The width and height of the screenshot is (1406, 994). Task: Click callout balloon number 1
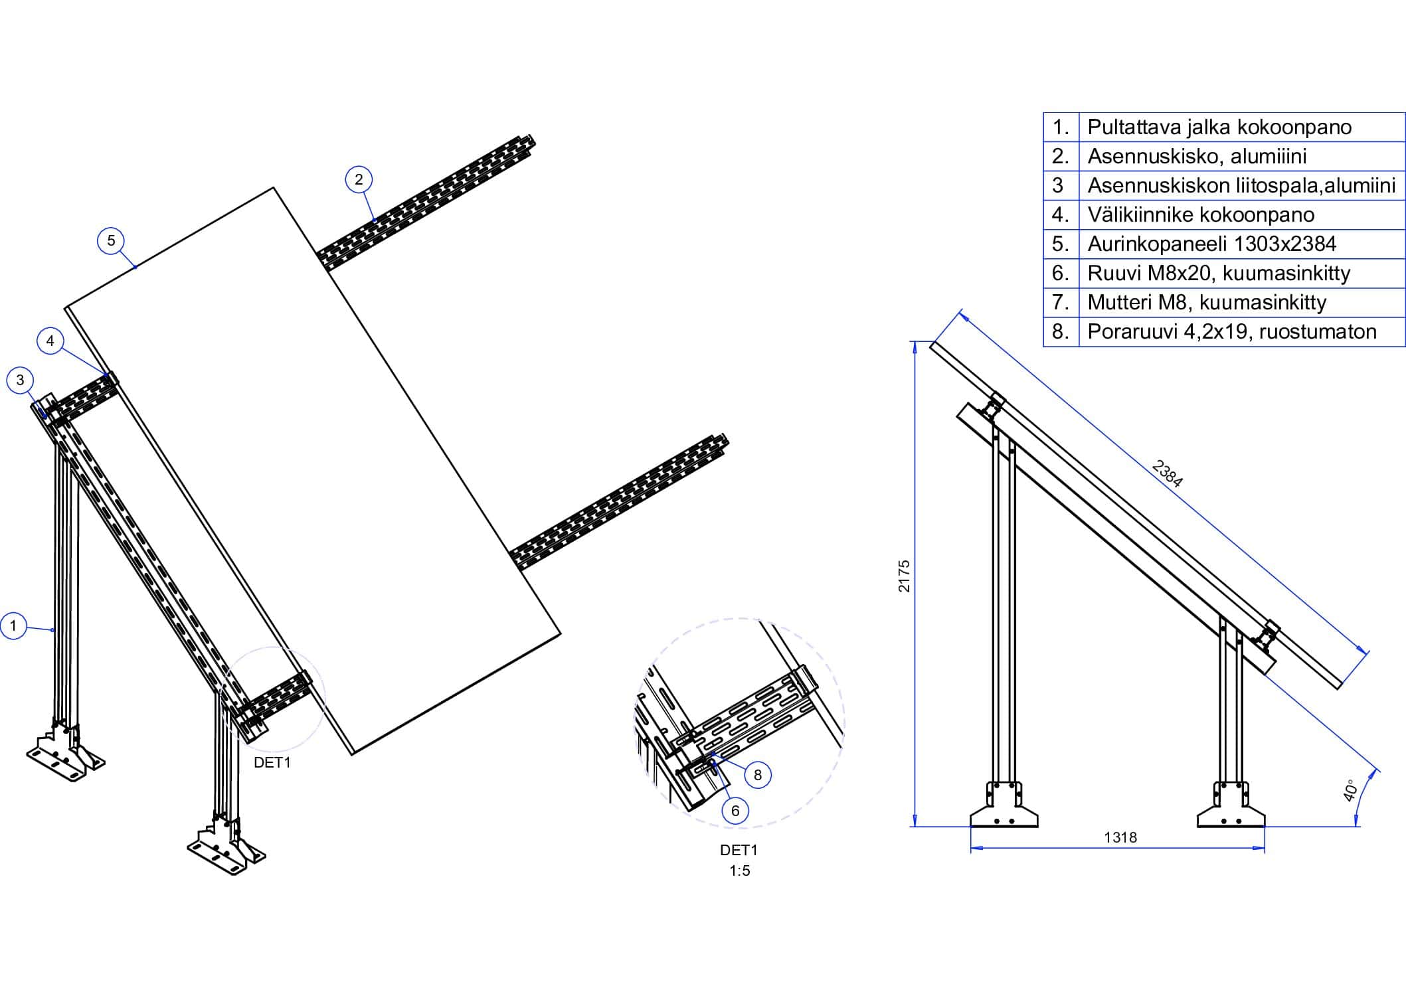click(13, 625)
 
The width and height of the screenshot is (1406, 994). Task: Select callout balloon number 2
click(359, 179)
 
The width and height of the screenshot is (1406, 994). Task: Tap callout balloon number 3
click(20, 380)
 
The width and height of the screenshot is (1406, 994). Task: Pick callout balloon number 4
click(50, 341)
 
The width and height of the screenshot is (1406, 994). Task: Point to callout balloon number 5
click(111, 240)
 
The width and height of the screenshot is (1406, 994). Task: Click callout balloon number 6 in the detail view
click(735, 811)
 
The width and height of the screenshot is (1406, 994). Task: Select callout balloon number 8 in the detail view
click(758, 774)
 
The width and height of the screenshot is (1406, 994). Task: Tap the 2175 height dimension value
click(904, 576)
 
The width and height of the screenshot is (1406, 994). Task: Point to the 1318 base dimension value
click(1120, 838)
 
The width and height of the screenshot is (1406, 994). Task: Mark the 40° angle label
click(1350, 791)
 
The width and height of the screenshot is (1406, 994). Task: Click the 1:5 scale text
click(739, 871)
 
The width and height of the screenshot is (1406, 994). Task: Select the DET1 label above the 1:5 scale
click(739, 850)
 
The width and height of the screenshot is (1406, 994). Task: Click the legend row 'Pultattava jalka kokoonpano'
click(1219, 127)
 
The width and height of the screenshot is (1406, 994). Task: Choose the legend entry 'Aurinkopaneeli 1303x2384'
click(1211, 244)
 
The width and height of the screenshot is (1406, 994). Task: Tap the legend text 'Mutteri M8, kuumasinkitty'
click(1206, 303)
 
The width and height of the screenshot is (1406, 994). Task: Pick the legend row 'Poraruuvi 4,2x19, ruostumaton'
click(1231, 332)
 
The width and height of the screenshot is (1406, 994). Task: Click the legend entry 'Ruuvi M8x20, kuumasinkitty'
click(1218, 274)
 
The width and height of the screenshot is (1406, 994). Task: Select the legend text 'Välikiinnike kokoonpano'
click(1200, 215)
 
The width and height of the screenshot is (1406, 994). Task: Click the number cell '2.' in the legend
click(1060, 157)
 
